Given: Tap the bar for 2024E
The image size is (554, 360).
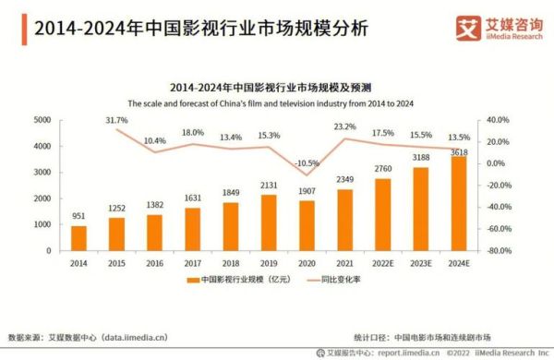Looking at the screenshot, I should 458,203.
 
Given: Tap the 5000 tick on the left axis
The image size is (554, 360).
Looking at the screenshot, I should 42,120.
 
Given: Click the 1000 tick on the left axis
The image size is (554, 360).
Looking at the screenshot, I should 42,224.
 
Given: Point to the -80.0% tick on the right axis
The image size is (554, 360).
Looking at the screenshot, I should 500,251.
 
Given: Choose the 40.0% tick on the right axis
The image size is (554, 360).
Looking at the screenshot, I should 499,120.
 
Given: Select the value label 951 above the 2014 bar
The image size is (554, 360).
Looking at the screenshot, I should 78,217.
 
